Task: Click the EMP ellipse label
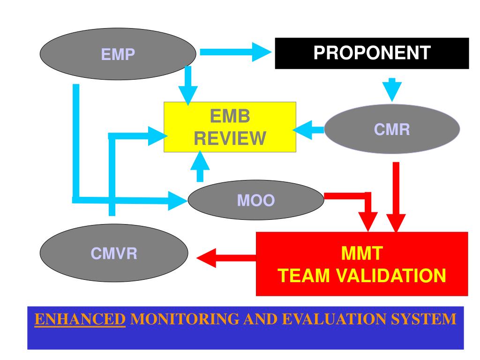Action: pyautogui.click(x=118, y=54)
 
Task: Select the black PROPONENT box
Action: pyautogui.click(x=372, y=53)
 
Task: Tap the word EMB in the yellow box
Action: pyautogui.click(x=230, y=116)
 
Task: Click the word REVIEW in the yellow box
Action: pyautogui.click(x=230, y=138)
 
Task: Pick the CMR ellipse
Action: pyautogui.click(x=392, y=129)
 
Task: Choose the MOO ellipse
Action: pyautogui.click(x=256, y=200)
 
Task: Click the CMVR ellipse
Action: pyautogui.click(x=114, y=253)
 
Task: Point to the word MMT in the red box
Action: pyautogui.click(x=362, y=254)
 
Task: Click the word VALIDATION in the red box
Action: pyautogui.click(x=391, y=276)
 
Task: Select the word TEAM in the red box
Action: pyautogui.click(x=304, y=276)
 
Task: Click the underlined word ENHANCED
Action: pyautogui.click(x=80, y=319)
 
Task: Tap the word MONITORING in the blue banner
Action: pyautogui.click(x=185, y=319)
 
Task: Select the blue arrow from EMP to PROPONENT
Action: pyautogui.click(x=236, y=52)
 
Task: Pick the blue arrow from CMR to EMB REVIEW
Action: pyautogui.click(x=308, y=130)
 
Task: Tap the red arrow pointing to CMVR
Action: pyautogui.click(x=226, y=258)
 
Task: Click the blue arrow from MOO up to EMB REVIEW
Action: pyautogui.click(x=200, y=166)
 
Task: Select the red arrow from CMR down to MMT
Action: pyautogui.click(x=396, y=197)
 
